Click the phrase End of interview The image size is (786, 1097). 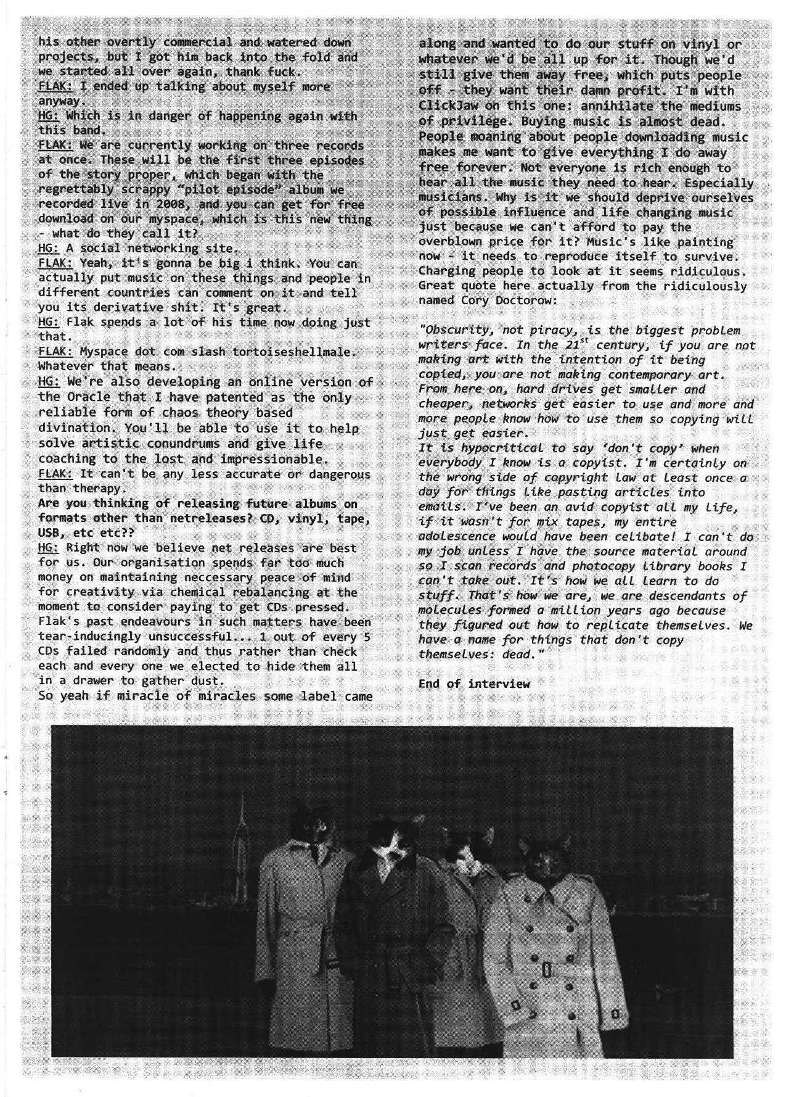pos(473,684)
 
